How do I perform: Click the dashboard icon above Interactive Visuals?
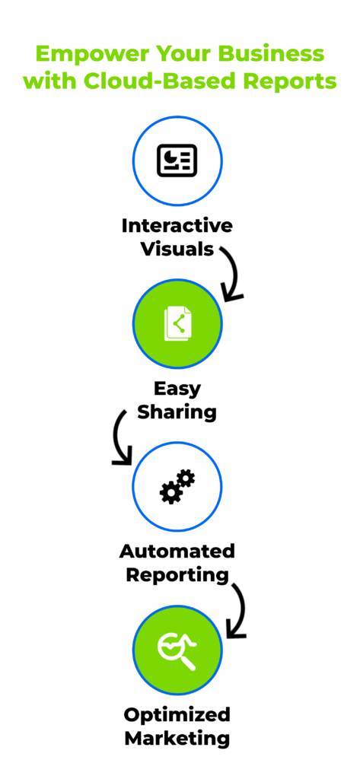pos(177,161)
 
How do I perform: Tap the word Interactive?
pos(177,226)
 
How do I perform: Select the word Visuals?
pos(177,249)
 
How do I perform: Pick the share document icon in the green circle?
pos(177,324)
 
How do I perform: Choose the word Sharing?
pos(177,412)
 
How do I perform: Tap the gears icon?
pos(177,486)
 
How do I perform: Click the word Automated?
pos(177,552)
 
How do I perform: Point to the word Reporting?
pos(177,575)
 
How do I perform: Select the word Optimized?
pos(177,715)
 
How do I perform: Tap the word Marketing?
pos(177,738)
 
